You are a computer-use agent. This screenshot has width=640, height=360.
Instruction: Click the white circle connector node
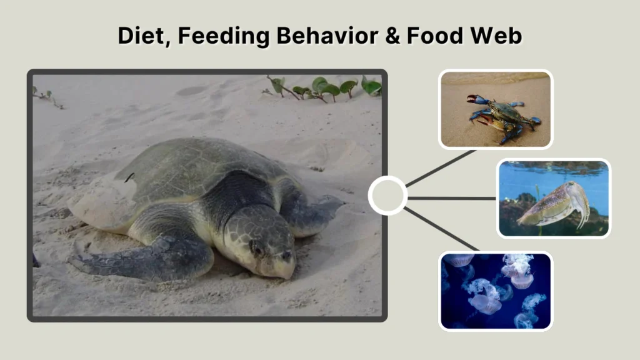coord(387,196)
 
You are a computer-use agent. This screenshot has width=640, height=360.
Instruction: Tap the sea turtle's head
coord(262,241)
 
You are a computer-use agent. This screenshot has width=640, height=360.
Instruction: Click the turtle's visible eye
coord(257,249)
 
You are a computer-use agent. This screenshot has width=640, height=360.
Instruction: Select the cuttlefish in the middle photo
coord(553,203)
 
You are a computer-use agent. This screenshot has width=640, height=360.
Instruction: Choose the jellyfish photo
coord(496,290)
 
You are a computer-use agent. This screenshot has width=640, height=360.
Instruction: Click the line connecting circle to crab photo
coord(441,167)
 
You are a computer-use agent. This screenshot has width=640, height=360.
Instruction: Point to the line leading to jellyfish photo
coord(441,229)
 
